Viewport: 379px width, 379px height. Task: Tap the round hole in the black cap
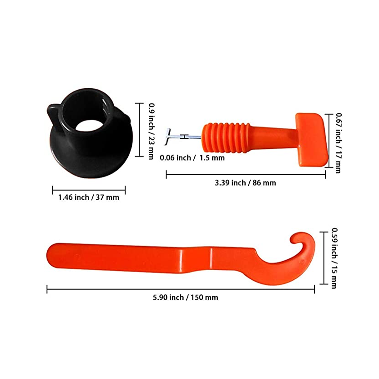tap(89, 125)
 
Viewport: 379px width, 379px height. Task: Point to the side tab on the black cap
tap(54, 116)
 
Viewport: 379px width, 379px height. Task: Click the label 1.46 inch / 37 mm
tap(89, 197)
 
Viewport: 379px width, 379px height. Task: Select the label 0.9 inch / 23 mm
tap(152, 131)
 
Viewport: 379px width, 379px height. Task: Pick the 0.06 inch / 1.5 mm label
tap(192, 158)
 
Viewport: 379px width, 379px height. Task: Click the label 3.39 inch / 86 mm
tap(245, 183)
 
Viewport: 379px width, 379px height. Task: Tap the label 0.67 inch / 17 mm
tap(339, 143)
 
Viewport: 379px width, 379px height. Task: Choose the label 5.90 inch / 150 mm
tap(185, 297)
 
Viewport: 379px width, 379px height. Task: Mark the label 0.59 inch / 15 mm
tap(334, 258)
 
